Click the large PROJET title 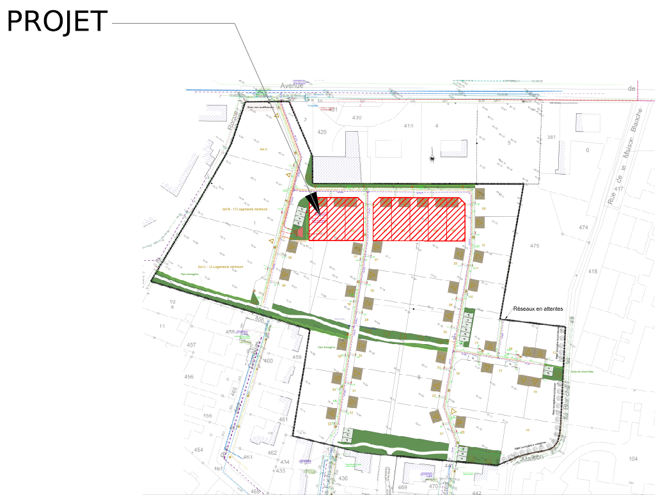[x=57, y=21]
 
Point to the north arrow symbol [x=432, y=158]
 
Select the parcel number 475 [x=535, y=246]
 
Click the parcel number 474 [x=583, y=228]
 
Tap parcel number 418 [x=593, y=271]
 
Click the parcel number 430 [x=357, y=118]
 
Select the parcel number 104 [x=633, y=459]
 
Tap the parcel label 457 [x=191, y=345]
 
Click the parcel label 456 [x=189, y=377]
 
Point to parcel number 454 [x=198, y=450]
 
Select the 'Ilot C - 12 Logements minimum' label [x=221, y=266]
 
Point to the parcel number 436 [x=343, y=478]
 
